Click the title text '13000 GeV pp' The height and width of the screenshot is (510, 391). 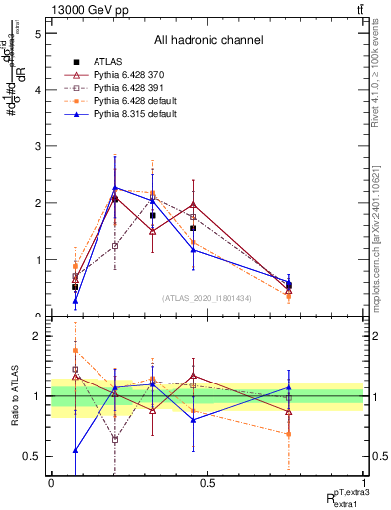point(87,9)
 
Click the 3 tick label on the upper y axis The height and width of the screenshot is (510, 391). point(35,146)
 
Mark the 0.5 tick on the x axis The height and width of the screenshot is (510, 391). point(207,483)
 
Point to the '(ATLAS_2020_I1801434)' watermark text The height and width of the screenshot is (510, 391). point(208,298)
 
